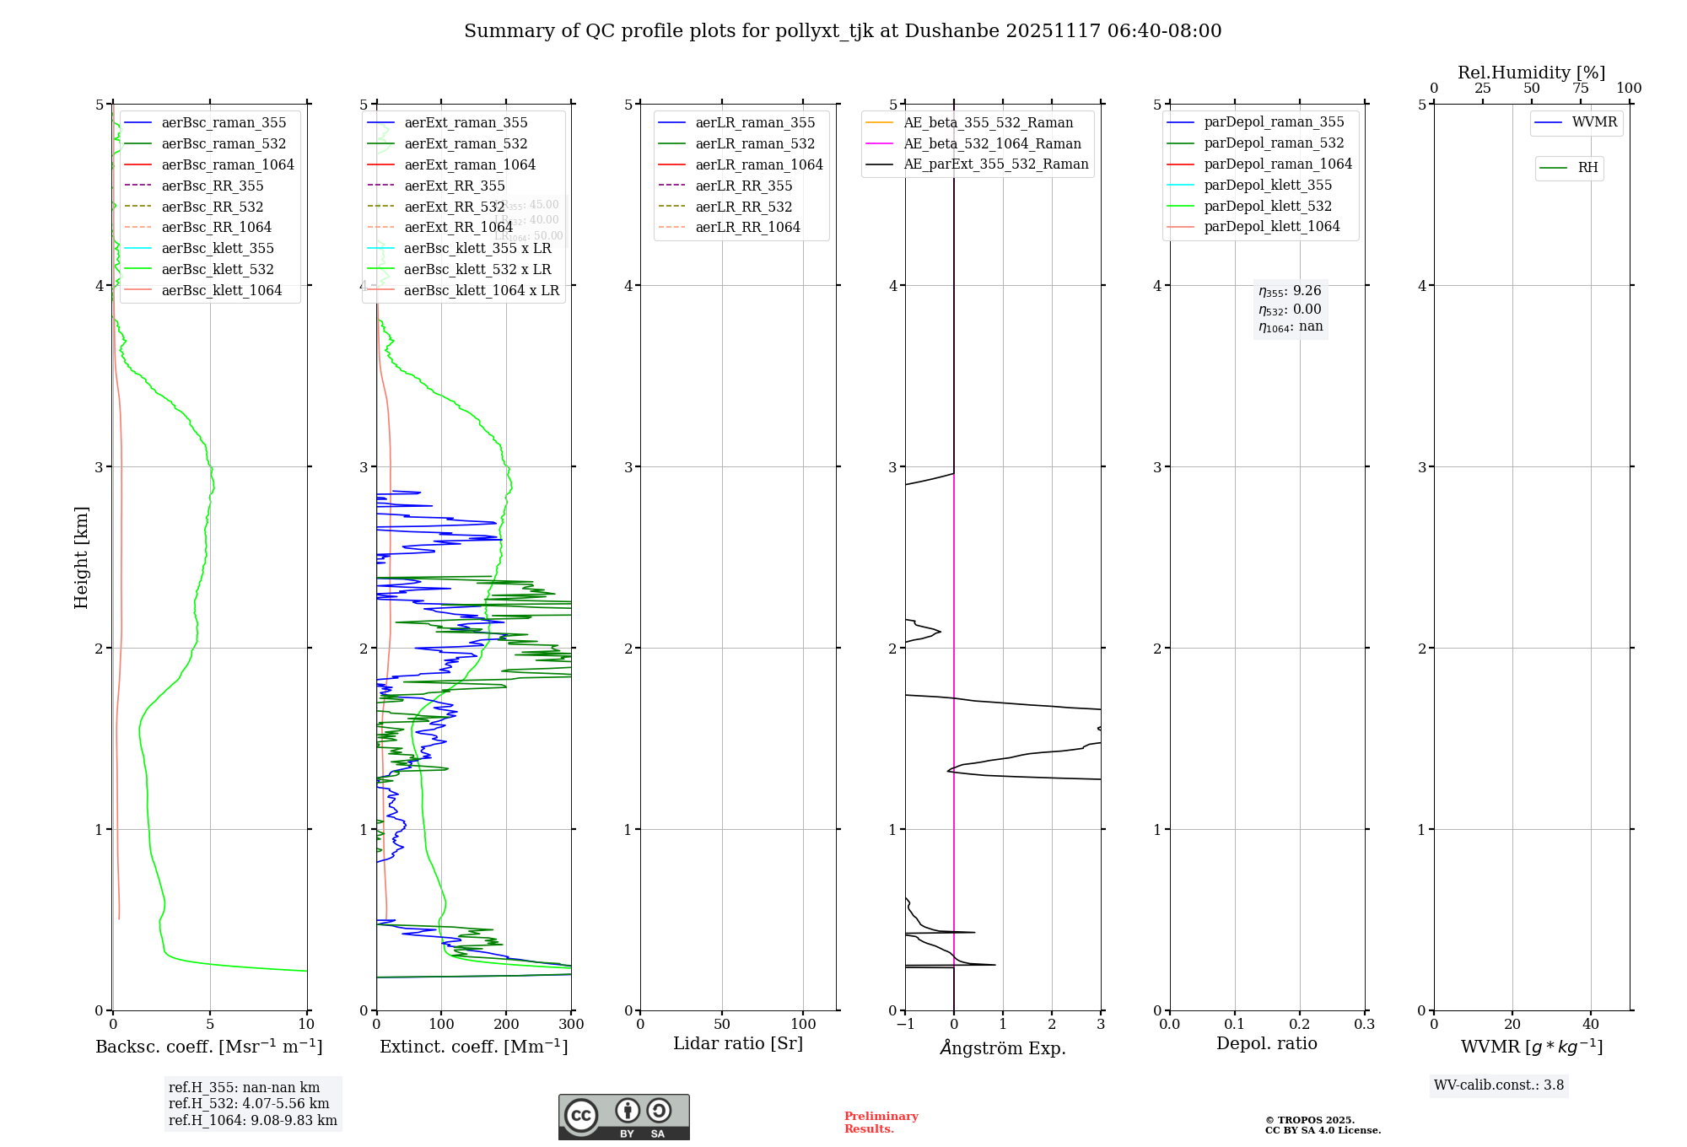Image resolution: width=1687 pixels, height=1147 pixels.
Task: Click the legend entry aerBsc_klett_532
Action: coord(217,269)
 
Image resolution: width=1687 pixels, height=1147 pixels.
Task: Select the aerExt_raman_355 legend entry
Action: coord(466,122)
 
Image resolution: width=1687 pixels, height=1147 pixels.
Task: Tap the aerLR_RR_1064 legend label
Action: coord(747,227)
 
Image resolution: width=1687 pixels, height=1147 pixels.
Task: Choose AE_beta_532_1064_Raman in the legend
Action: coord(992,143)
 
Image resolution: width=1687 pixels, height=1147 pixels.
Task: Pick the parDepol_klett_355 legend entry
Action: coord(1268,185)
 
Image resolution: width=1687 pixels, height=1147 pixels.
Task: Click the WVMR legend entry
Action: coord(1593,122)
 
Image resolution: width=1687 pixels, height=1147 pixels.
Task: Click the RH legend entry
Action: coord(1587,168)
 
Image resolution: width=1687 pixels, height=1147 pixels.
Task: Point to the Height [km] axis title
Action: coord(81,557)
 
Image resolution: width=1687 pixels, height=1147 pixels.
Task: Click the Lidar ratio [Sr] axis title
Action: coord(738,1043)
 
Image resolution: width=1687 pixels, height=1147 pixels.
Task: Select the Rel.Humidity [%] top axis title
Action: coord(1531,73)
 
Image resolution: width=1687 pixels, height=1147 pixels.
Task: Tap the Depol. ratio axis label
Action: coord(1266,1043)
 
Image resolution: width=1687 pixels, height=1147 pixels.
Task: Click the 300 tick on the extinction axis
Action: coord(571,1025)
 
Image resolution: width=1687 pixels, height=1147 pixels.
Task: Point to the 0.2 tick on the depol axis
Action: coord(1300,1025)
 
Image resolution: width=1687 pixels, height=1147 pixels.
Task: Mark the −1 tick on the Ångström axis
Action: coord(905,1025)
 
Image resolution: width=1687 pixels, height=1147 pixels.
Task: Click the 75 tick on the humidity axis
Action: coord(1580,89)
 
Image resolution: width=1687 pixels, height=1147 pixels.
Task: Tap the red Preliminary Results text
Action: coord(881,1123)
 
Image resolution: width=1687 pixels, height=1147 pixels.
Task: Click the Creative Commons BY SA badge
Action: coord(623,1117)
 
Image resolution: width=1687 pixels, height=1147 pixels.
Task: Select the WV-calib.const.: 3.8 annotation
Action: coord(1498,1085)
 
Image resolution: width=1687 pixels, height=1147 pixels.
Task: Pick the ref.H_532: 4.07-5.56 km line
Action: coord(249,1104)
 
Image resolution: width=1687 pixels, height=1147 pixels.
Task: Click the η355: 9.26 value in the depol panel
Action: coord(1290,291)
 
